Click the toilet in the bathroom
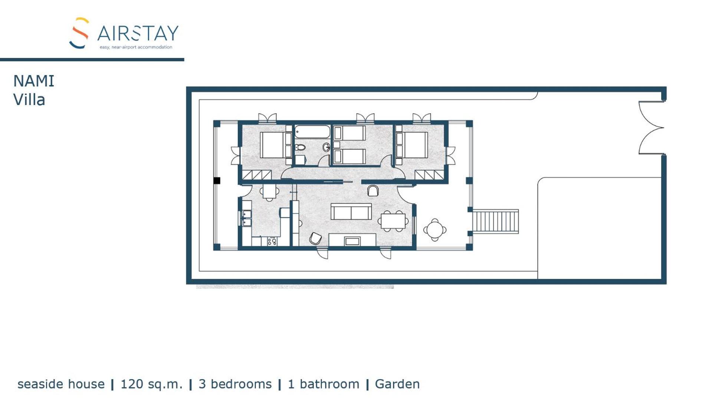(300, 147)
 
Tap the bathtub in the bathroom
(312, 132)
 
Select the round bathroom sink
(326, 147)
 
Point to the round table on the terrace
(434, 230)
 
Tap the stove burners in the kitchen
(272, 241)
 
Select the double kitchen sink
(246, 218)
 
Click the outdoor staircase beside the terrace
(495, 221)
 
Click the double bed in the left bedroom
(276, 145)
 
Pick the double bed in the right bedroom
(411, 145)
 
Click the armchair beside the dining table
(373, 190)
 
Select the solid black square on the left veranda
(217, 180)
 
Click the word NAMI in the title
(34, 81)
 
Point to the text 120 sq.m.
(151, 384)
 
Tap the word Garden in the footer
(397, 384)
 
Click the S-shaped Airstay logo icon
(79, 33)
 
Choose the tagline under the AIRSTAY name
(136, 47)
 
